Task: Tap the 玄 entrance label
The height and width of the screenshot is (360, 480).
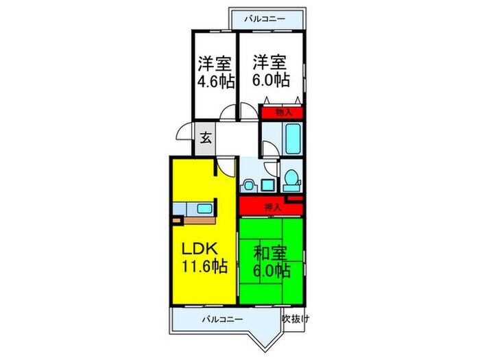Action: click(205, 136)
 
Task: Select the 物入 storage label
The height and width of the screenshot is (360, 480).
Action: click(284, 112)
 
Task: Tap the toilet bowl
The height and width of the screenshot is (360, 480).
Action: click(291, 180)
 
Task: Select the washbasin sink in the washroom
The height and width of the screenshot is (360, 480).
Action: click(249, 184)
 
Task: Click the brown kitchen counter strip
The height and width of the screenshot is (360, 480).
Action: click(199, 221)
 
